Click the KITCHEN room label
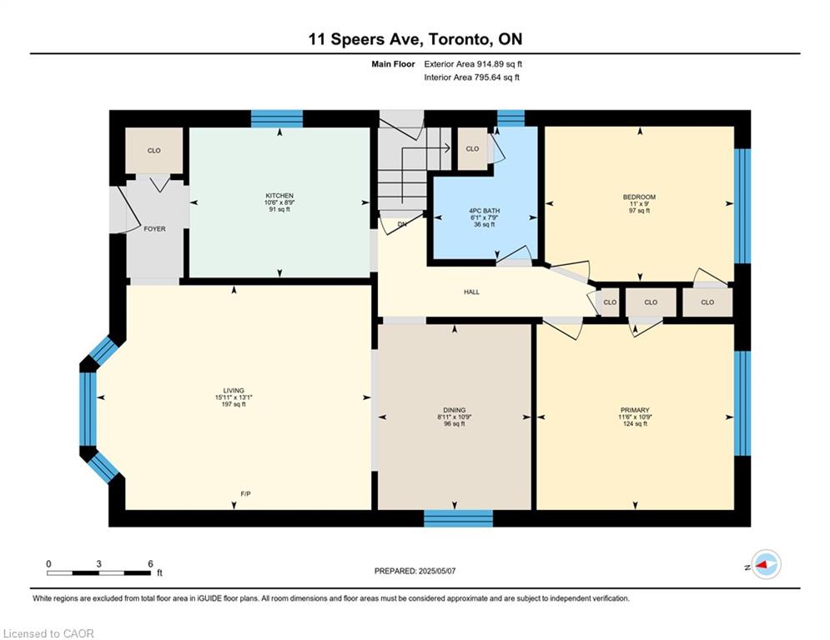point(279,196)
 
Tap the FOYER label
point(154,229)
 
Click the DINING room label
point(455,410)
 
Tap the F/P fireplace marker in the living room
point(246,494)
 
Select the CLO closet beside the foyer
point(154,151)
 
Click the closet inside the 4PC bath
point(472,149)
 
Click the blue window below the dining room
point(458,518)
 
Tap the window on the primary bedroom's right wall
point(742,403)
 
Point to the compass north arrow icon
point(765,565)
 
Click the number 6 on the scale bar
point(150,563)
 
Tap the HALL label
point(471,292)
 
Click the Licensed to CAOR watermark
point(49,633)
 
